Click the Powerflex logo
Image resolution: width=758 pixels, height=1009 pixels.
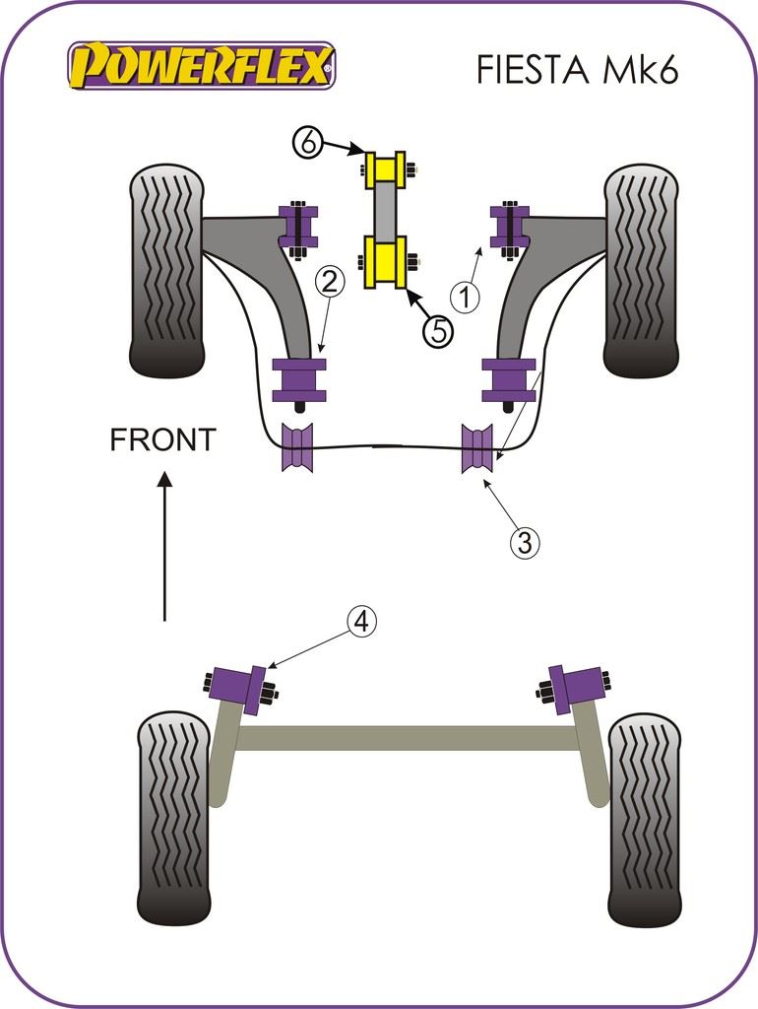pyautogui.click(x=201, y=66)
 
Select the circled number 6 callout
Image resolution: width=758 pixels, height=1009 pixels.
pyautogui.click(x=308, y=143)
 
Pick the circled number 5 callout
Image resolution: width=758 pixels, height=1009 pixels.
pyautogui.click(x=439, y=331)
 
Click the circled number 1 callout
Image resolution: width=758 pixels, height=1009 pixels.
pyautogui.click(x=466, y=295)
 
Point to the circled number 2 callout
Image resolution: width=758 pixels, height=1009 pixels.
pyautogui.click(x=330, y=283)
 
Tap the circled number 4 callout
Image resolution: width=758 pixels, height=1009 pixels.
pyautogui.click(x=361, y=622)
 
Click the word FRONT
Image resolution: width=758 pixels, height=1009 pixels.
pyautogui.click(x=162, y=440)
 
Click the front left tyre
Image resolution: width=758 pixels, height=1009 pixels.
pyautogui.click(x=166, y=271)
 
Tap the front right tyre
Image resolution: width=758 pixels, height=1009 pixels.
pyautogui.click(x=640, y=271)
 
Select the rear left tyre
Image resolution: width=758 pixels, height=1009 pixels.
pyautogui.click(x=173, y=818)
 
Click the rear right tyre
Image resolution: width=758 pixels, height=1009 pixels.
pyautogui.click(x=644, y=818)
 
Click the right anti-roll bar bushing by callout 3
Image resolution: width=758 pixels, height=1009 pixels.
pyautogui.click(x=476, y=447)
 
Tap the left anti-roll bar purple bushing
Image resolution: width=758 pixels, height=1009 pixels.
pyautogui.click(x=297, y=447)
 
